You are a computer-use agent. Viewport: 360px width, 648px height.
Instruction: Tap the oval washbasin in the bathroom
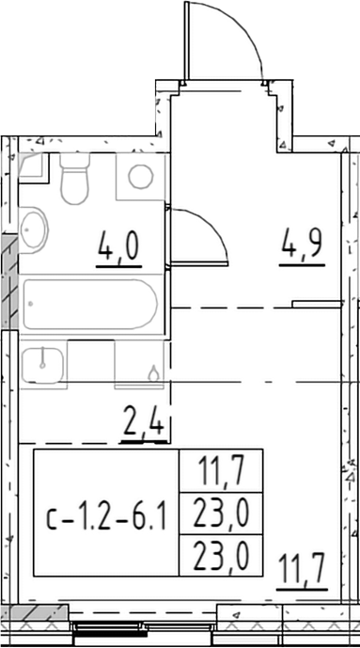[33, 229]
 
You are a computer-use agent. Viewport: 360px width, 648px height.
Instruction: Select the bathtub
[89, 305]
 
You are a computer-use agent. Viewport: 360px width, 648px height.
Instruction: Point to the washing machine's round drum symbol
[141, 177]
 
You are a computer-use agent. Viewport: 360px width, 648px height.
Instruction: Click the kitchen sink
[42, 365]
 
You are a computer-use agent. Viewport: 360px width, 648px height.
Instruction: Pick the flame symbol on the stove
[153, 373]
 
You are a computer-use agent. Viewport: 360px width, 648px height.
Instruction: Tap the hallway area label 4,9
[303, 247]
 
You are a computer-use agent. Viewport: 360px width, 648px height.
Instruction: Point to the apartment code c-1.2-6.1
[106, 514]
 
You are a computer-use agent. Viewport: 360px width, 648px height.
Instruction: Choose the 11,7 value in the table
[222, 471]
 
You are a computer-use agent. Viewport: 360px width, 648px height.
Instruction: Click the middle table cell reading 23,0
[221, 514]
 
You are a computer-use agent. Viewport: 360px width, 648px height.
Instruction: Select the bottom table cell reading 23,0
[221, 556]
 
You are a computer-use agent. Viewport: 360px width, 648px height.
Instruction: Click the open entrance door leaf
[187, 40]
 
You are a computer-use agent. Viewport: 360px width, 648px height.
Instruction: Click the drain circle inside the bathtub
[31, 304]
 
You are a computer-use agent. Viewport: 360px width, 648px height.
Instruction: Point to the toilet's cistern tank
[74, 160]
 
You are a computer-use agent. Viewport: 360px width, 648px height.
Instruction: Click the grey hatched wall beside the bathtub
[9, 282]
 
